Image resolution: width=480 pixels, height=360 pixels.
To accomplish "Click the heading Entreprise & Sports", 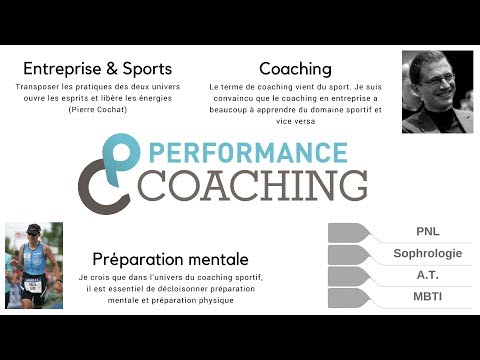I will [97, 69].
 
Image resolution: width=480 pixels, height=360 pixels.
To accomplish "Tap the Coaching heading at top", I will [295, 69].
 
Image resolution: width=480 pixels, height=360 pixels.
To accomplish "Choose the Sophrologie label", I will [427, 254].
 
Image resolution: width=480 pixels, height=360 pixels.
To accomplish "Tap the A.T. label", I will [427, 275].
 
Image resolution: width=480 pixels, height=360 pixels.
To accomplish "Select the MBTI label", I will [427, 297].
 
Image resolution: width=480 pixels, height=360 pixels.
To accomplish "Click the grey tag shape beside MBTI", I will [349, 297].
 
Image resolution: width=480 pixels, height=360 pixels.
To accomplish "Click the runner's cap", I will [35, 229].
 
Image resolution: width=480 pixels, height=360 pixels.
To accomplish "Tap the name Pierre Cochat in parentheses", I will [98, 109].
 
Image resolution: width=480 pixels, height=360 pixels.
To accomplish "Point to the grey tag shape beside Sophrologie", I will [349, 254].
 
